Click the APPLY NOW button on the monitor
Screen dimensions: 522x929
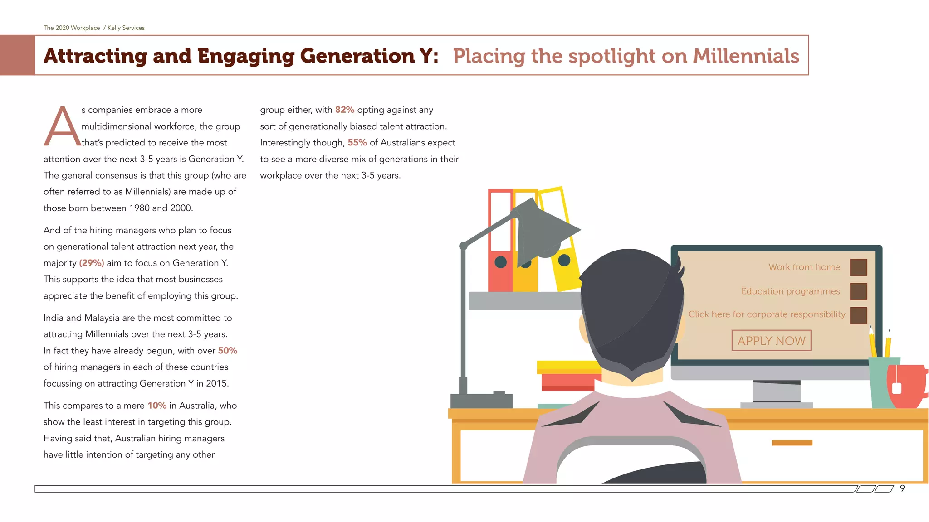point(771,340)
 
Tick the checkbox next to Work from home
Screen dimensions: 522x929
point(858,267)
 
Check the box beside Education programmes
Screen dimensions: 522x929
point(858,291)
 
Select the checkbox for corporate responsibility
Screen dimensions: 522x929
point(858,315)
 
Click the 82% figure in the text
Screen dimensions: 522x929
point(345,110)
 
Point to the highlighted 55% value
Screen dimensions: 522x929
point(357,143)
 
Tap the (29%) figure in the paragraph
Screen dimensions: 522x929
point(92,263)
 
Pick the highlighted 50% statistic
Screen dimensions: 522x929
point(228,351)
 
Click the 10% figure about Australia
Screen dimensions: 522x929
point(157,406)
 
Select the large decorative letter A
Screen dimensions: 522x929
point(62,127)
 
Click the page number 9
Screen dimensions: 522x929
point(902,488)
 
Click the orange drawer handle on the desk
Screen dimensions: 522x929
point(792,443)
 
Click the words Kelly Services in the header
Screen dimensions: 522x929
point(126,28)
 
